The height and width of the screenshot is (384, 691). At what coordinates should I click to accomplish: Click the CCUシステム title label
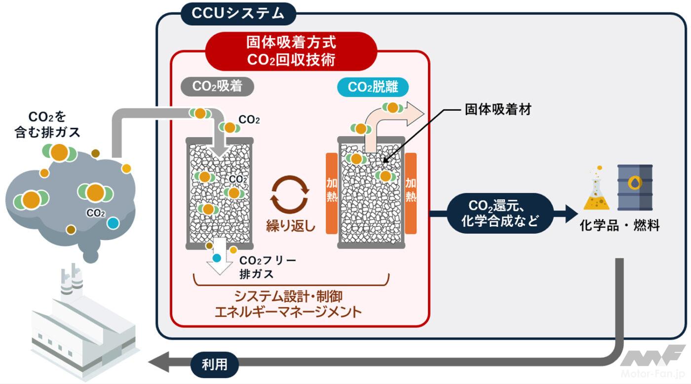tap(238, 13)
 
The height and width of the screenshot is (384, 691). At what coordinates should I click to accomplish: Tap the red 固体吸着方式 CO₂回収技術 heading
tap(291, 51)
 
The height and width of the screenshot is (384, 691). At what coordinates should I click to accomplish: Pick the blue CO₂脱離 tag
tap(373, 87)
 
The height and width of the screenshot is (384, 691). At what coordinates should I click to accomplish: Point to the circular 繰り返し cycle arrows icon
tap(290, 194)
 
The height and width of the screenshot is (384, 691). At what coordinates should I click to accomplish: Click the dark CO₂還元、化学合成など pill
tap(499, 213)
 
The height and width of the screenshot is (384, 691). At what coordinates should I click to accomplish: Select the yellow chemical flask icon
tap(596, 190)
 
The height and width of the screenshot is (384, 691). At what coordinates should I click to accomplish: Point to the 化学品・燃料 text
tap(619, 226)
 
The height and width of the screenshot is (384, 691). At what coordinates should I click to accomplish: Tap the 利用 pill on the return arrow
tap(215, 365)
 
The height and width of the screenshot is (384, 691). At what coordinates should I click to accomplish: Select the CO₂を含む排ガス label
tap(47, 125)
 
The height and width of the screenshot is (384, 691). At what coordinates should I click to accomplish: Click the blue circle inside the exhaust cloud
tap(113, 223)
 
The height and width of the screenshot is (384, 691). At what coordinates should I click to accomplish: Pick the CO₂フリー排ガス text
tap(267, 267)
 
